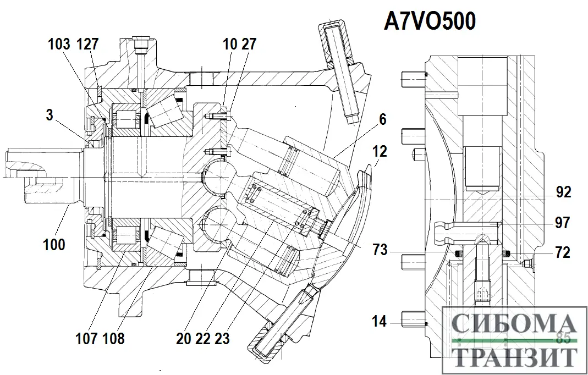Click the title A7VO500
pyautogui.click(x=429, y=22)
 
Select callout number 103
pyautogui.click(x=59, y=44)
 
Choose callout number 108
pyautogui.click(x=113, y=338)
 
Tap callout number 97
pyautogui.click(x=562, y=223)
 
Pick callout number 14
pyautogui.click(x=380, y=322)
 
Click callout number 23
pyautogui.click(x=222, y=338)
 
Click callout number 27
pyautogui.click(x=249, y=44)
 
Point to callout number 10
pyautogui.click(x=229, y=44)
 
